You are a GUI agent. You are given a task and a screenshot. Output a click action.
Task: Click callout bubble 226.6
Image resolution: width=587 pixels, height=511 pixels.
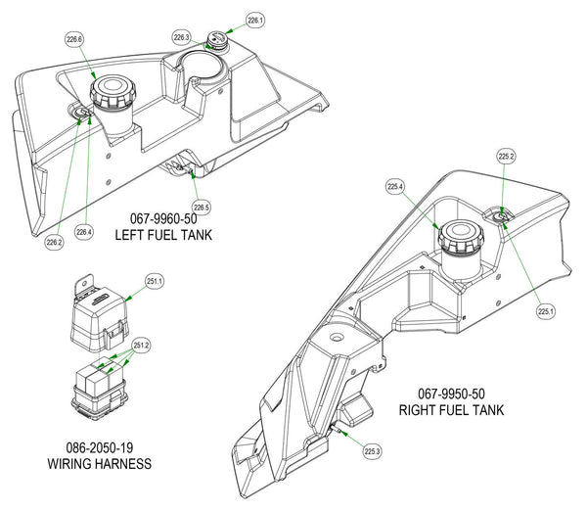point(74,40)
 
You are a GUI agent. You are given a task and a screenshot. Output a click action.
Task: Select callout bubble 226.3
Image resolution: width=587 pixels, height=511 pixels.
point(181,37)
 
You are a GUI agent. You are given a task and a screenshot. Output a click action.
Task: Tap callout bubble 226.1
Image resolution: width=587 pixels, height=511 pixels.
point(255,20)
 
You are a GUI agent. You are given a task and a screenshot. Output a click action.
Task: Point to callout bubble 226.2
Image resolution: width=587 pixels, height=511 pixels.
point(53,242)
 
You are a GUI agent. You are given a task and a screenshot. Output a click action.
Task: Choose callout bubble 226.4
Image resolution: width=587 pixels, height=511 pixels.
point(86,232)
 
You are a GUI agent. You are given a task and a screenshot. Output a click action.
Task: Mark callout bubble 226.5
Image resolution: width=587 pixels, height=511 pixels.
point(202,207)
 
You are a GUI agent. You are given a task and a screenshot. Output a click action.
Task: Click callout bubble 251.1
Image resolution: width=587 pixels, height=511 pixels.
point(155,282)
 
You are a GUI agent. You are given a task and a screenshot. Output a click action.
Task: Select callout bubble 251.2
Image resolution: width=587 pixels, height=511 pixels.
point(141,345)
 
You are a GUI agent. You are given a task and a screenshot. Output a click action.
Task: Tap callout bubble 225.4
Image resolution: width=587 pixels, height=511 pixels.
point(395,186)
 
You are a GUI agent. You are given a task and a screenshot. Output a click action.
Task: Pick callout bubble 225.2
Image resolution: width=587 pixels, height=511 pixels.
point(506,156)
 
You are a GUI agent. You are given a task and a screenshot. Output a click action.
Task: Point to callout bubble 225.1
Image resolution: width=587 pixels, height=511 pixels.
point(546,311)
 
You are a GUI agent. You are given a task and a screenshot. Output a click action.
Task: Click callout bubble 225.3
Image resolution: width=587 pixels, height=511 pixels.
point(372,451)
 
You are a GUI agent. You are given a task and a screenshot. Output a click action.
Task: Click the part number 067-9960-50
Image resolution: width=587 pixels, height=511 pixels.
point(164,219)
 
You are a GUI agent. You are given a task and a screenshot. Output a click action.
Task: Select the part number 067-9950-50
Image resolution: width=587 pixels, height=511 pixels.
point(451,394)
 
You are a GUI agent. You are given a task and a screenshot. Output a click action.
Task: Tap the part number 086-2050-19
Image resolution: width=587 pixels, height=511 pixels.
point(100,447)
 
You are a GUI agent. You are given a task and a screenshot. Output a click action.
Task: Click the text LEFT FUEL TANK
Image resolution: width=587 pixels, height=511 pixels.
point(163,236)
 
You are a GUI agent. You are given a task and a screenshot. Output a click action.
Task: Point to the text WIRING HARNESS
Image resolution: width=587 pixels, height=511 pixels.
point(100,464)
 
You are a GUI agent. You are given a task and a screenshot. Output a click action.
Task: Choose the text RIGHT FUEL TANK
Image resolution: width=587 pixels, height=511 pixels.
point(451,410)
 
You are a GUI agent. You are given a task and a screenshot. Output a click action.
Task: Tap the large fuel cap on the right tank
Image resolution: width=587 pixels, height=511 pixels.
point(457,239)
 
